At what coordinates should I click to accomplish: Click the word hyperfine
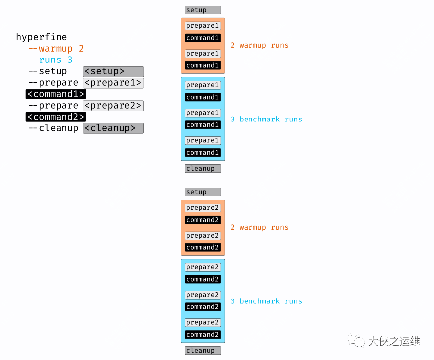tap(41, 37)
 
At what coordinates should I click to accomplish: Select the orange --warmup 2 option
tap(56, 49)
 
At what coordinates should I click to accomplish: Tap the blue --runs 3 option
tap(51, 60)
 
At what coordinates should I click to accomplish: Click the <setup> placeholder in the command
tap(113, 71)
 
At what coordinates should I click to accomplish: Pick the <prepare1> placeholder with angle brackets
tap(113, 83)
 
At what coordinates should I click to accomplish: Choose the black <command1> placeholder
tap(56, 94)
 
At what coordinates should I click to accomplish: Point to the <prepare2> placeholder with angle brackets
tap(113, 106)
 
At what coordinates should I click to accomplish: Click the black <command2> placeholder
tap(56, 117)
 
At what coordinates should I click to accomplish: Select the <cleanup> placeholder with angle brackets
tap(113, 128)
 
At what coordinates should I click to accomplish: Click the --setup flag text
tap(48, 71)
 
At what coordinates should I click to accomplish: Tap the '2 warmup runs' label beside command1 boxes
tap(259, 45)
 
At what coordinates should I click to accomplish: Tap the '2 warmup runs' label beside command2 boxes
tap(259, 227)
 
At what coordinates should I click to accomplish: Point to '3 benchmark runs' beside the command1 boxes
tap(266, 119)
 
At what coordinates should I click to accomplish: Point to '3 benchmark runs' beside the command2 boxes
tap(266, 301)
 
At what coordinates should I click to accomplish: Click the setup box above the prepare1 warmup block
tap(202, 10)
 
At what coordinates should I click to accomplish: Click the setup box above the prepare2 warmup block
tap(202, 192)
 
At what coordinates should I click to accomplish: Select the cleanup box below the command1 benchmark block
tap(202, 168)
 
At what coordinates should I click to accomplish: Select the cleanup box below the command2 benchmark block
tap(202, 350)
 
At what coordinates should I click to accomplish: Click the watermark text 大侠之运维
tap(394, 341)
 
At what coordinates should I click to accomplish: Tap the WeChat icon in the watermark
tap(356, 341)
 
